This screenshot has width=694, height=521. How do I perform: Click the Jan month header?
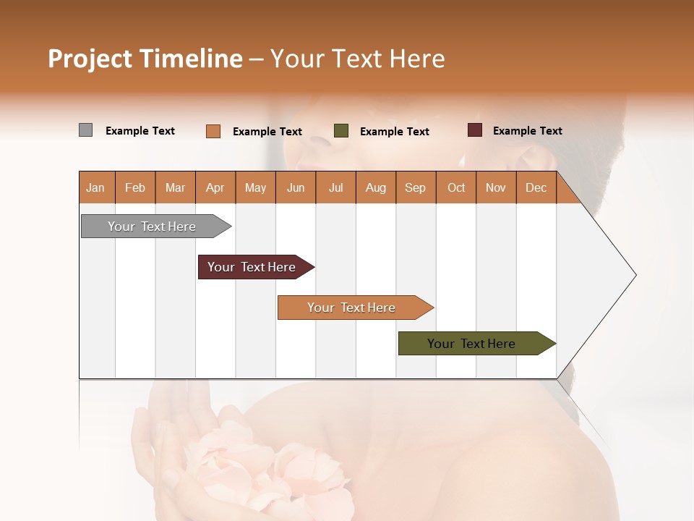[96, 187]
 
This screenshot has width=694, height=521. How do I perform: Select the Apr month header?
[215, 187]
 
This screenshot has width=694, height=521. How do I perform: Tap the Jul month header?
[335, 187]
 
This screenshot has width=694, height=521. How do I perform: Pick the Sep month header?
[416, 187]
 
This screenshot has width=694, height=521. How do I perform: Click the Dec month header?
[536, 187]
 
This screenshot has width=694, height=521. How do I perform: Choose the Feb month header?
[135, 187]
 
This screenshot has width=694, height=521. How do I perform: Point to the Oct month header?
[456, 187]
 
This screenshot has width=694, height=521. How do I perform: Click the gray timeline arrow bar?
[152, 226]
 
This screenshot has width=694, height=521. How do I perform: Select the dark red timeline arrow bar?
[252, 267]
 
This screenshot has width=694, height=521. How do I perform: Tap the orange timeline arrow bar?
[351, 308]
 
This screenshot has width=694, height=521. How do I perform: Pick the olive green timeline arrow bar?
[471, 344]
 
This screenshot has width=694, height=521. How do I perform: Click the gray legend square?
[85, 130]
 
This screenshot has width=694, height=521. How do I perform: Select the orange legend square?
[213, 131]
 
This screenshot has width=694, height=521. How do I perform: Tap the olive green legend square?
[341, 131]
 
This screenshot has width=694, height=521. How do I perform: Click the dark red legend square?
[474, 130]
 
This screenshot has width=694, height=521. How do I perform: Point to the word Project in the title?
[89, 59]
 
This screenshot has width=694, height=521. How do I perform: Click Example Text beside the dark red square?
[527, 131]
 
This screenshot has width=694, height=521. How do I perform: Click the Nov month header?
[496, 187]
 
